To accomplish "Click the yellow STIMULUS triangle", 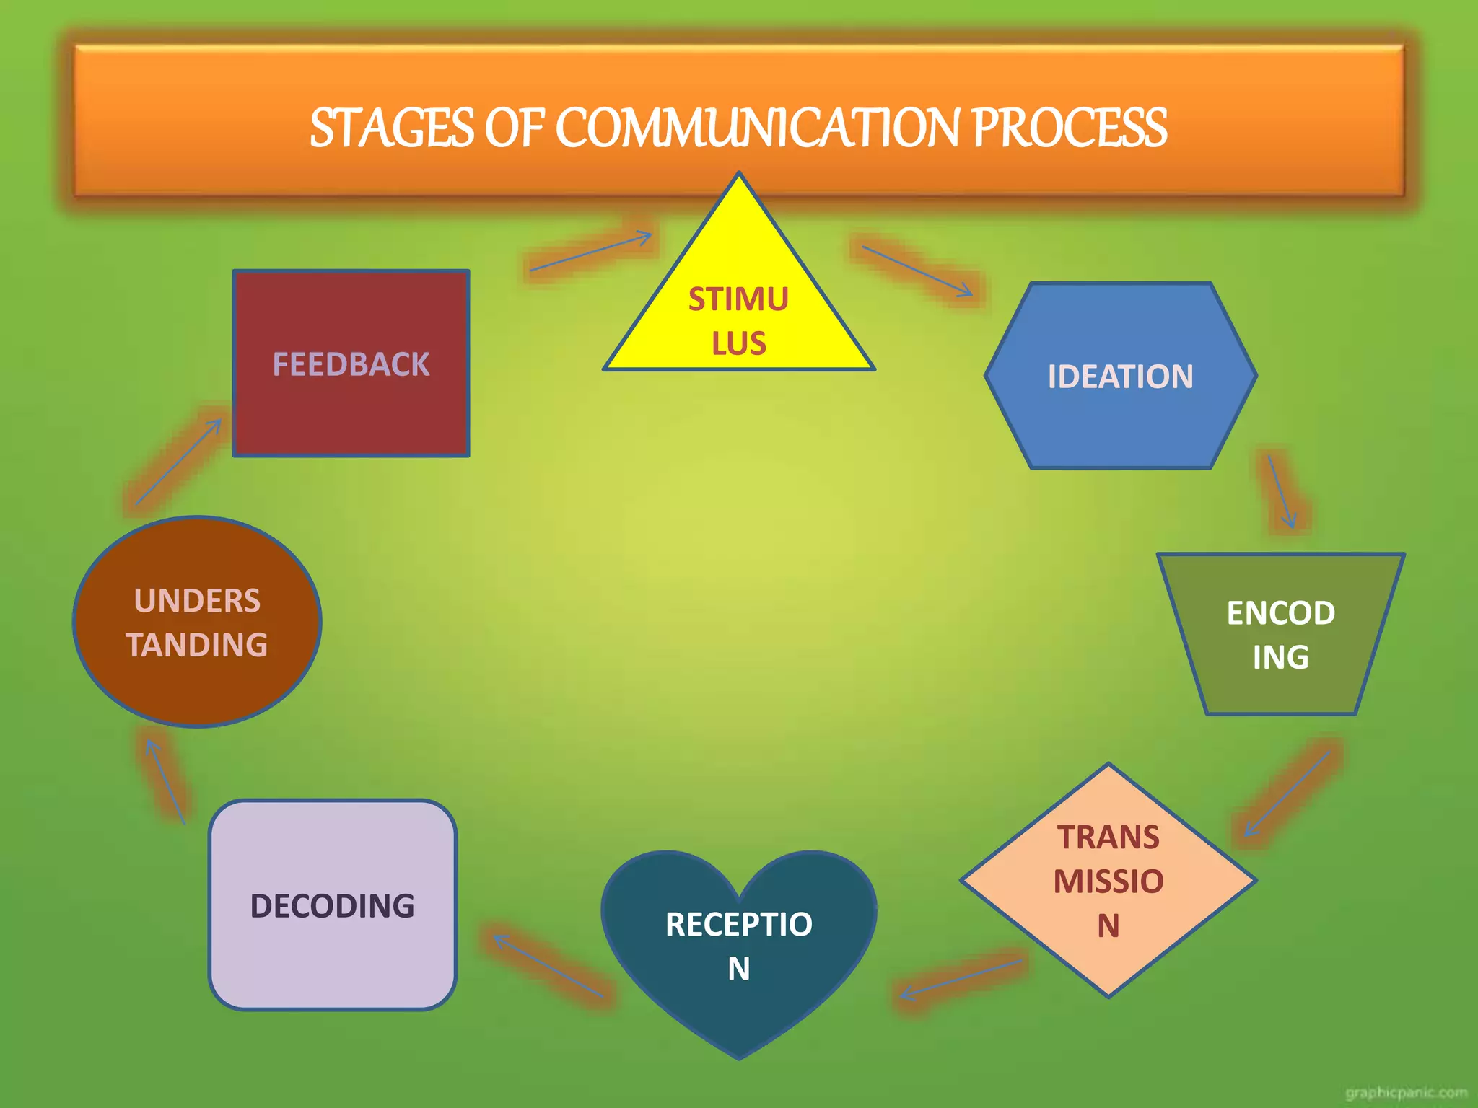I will pos(738,317).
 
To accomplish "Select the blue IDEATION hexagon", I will pos(1120,376).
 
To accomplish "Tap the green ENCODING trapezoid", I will pos(1280,634).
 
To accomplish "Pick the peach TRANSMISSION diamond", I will pos(1108,880).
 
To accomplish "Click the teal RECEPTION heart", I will pos(738,945).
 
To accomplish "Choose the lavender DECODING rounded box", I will pos(333,905).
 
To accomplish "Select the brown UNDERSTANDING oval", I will pos(197,622).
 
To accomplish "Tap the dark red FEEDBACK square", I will pos(351,364).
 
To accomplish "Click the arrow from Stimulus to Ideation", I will pos(917,271).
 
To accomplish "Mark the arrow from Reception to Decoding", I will pos(548,967).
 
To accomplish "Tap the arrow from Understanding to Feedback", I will pos(178,462).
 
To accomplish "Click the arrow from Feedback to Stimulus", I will pos(590,252).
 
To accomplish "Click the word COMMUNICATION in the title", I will pos(758,128).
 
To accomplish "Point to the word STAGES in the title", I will pos(392,128).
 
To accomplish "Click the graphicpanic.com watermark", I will pos(1406,1093).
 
